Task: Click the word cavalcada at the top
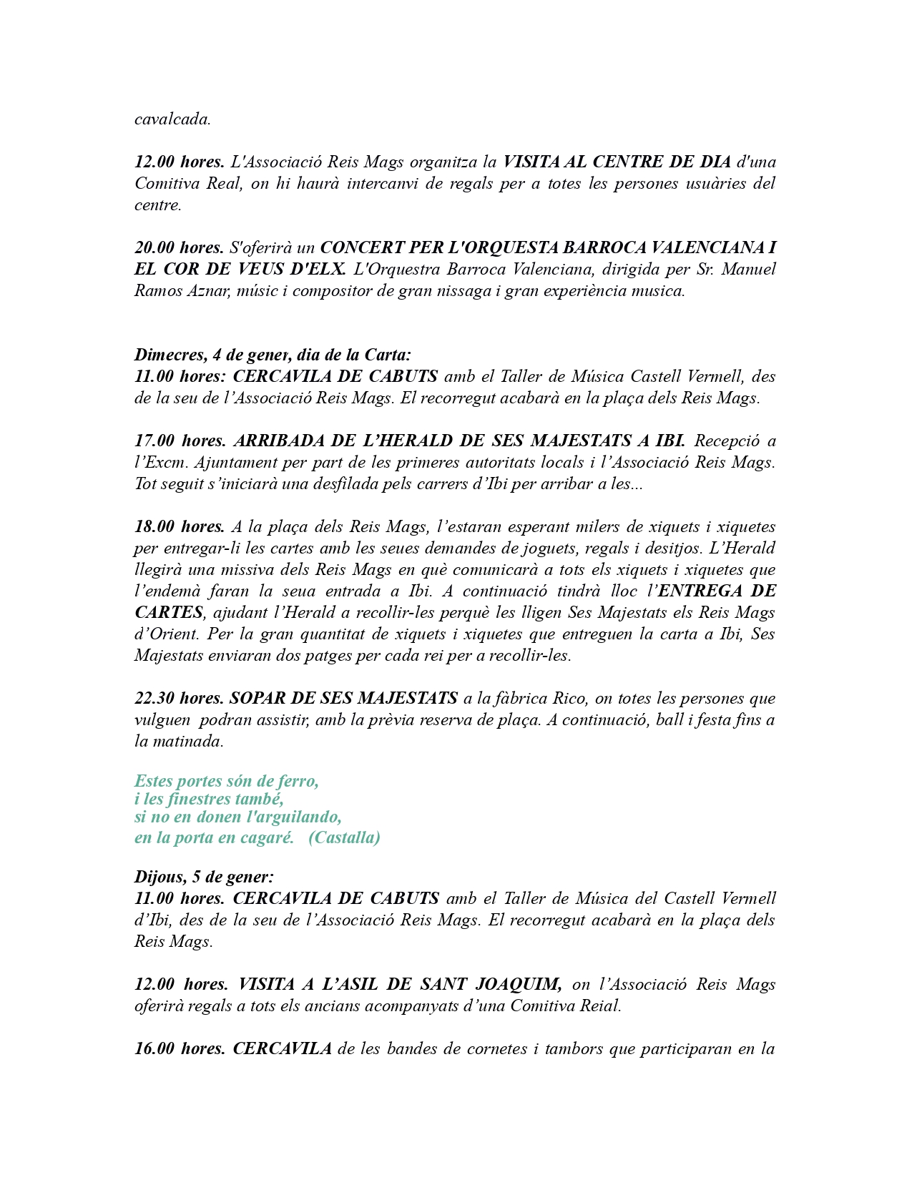pos(172,119)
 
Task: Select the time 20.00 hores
pos(179,247)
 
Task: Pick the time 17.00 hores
pos(179,441)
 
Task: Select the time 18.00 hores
pos(179,526)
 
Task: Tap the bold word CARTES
pos(169,612)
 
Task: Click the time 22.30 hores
pos(179,698)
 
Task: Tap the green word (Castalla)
pos(344,837)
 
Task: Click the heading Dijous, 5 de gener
pos(204,877)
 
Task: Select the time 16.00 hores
pos(179,1048)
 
